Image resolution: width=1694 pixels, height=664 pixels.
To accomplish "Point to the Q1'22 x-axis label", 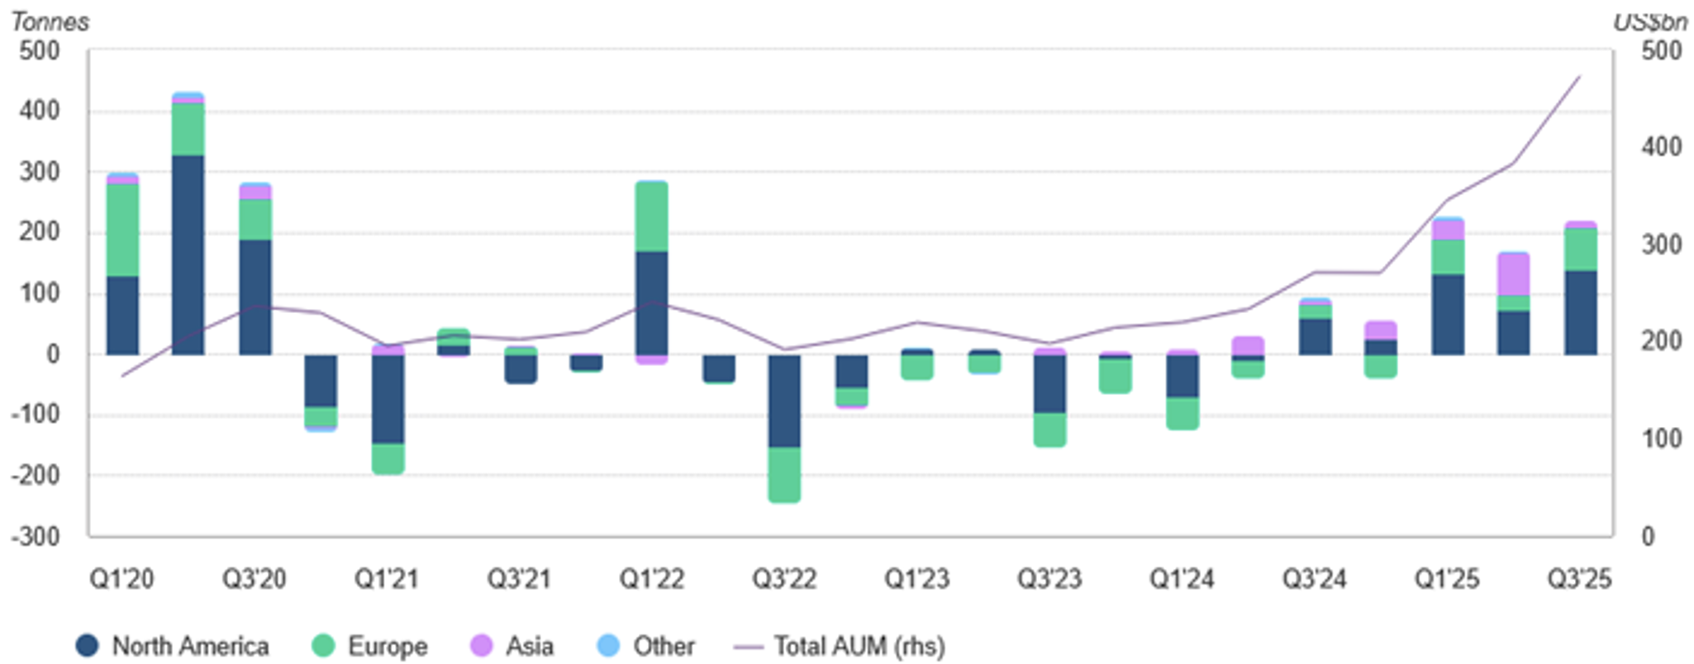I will pyautogui.click(x=652, y=579).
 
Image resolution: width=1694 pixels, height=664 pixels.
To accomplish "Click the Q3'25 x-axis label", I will pyautogui.click(x=1579, y=579).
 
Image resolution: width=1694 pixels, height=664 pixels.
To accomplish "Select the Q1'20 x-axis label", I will pyautogui.click(x=122, y=579).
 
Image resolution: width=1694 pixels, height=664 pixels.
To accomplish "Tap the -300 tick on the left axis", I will pyautogui.click(x=36, y=537).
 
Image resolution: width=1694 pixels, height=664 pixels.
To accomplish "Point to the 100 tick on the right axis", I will pyautogui.click(x=1661, y=439).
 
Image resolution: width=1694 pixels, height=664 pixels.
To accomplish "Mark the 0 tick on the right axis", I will pyautogui.click(x=1648, y=537).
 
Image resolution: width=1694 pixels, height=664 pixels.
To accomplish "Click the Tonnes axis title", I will pyautogui.click(x=50, y=21).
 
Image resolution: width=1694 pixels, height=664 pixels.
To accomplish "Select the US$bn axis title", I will pyautogui.click(x=1650, y=22).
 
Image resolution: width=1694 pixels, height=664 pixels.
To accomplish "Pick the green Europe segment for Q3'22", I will pyautogui.click(x=784, y=474).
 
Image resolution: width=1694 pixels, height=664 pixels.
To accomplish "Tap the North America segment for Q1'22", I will pyautogui.click(x=652, y=302).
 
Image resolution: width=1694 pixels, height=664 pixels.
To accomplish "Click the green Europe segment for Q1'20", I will pyautogui.click(x=122, y=230).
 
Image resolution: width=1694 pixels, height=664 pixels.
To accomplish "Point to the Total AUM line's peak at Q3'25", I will pyautogui.click(x=1580, y=77).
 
